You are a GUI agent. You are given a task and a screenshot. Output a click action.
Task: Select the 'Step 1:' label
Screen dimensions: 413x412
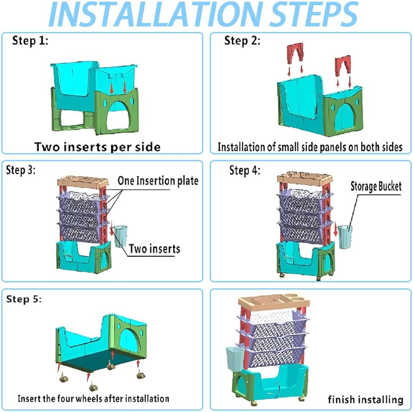point(30,41)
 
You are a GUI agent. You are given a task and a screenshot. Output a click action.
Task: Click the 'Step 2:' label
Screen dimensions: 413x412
point(243,41)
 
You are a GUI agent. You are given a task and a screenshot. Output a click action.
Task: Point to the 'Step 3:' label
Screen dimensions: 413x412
point(20,170)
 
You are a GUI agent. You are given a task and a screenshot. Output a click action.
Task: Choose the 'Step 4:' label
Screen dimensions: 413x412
point(245,170)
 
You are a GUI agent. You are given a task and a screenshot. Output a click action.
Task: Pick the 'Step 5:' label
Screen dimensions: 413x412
point(24,299)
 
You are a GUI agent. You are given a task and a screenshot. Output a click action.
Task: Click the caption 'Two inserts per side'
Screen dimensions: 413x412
point(98,147)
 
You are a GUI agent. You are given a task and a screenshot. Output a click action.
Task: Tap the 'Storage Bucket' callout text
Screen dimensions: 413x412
point(376,186)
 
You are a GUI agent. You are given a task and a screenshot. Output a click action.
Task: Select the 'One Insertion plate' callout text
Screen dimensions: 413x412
point(158,181)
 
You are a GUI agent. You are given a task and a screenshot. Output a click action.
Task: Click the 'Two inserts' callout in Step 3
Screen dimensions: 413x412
point(154,249)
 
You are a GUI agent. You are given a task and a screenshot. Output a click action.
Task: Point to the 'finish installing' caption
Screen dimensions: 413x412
point(366,400)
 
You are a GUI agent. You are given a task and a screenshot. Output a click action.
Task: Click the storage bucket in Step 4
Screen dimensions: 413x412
point(345,237)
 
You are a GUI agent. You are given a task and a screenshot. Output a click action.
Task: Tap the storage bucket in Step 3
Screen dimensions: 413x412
point(121,236)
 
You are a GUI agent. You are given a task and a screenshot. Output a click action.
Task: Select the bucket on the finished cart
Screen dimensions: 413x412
point(235,359)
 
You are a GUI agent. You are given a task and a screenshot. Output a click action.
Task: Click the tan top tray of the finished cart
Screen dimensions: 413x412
point(274,301)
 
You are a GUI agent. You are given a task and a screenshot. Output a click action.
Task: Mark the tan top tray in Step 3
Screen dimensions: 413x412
point(83,182)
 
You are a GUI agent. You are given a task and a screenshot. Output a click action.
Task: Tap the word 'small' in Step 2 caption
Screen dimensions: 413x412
point(288,147)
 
